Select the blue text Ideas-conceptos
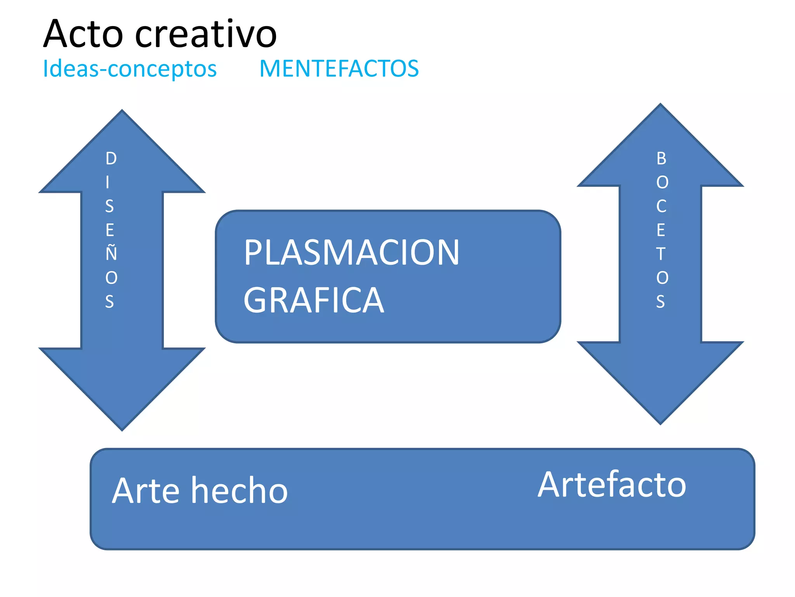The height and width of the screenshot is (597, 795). [130, 69]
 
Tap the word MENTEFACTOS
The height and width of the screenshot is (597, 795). [339, 69]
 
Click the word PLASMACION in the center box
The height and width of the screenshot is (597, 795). [351, 253]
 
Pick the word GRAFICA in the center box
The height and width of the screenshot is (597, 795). [314, 300]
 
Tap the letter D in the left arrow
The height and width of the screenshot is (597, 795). [111, 159]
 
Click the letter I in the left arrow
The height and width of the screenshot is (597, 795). [108, 182]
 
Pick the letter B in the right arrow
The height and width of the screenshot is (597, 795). [661, 159]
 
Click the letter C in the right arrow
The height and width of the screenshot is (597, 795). [661, 206]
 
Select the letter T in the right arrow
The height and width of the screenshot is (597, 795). [661, 254]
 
